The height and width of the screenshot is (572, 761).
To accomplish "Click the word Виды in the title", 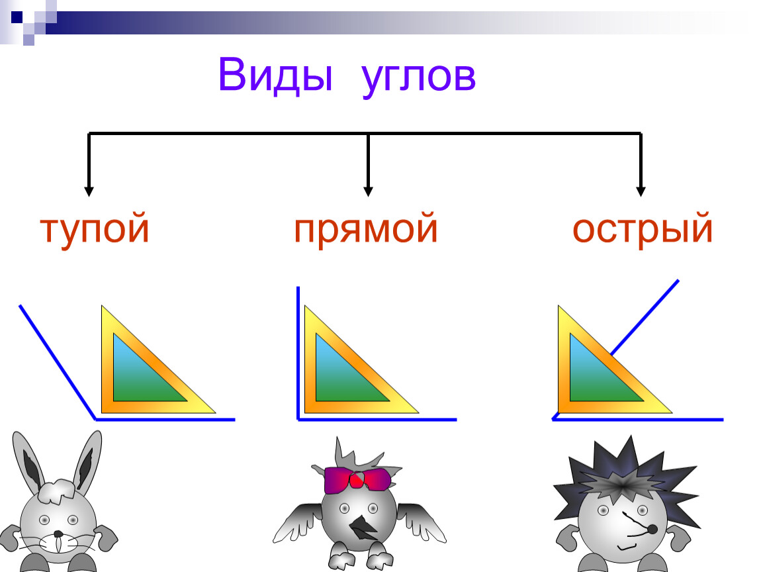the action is [x=275, y=75].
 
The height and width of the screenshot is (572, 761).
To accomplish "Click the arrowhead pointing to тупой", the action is [x=88, y=191].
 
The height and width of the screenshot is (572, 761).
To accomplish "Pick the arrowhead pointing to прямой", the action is [x=368, y=191].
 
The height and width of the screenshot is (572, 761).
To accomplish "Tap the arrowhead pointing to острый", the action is [x=641, y=191].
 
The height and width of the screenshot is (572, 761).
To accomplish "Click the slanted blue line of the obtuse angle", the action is [x=58, y=361].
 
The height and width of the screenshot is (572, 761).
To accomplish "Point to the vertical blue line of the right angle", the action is [x=298, y=353].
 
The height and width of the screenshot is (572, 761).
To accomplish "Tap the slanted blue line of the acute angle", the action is [x=645, y=318].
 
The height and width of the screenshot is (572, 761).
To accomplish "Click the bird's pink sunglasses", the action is [x=358, y=479].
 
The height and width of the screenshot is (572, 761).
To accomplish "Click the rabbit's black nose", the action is [x=58, y=534].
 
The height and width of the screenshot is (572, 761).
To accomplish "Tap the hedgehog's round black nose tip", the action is [x=652, y=529].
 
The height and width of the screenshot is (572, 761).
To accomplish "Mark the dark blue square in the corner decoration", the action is [x=17, y=17].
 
